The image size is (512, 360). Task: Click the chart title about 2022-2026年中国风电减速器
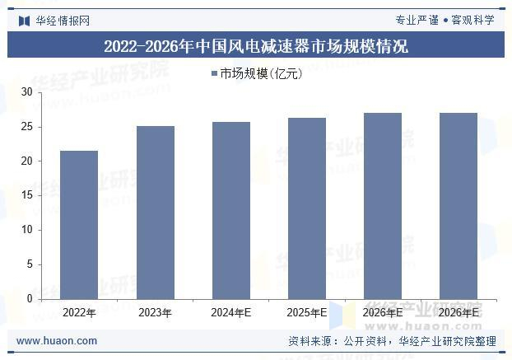[x=256, y=46]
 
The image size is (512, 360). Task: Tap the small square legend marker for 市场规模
[x=214, y=73]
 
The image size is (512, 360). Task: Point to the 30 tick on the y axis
[x=27, y=92]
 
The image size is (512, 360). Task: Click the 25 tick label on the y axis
[x=27, y=127]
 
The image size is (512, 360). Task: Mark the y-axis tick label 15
[x=27, y=195]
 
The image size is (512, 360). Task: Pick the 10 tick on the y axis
[x=27, y=230]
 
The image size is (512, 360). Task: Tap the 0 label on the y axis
[x=30, y=298]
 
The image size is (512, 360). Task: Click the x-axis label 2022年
[x=79, y=313]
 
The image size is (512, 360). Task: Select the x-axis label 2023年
[x=155, y=313]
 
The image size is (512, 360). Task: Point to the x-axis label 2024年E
[x=230, y=313]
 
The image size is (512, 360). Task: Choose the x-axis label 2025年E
[x=306, y=313]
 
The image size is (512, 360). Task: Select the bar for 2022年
[x=79, y=225]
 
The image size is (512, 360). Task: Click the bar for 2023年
[x=156, y=213]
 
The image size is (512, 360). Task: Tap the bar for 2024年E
[x=231, y=210]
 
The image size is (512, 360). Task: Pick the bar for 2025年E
[x=307, y=208]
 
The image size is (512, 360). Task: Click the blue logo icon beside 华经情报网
[x=25, y=21]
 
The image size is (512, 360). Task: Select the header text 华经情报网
[x=63, y=21]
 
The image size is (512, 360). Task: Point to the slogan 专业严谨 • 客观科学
[x=445, y=21]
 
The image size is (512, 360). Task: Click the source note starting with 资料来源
[x=392, y=341]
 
